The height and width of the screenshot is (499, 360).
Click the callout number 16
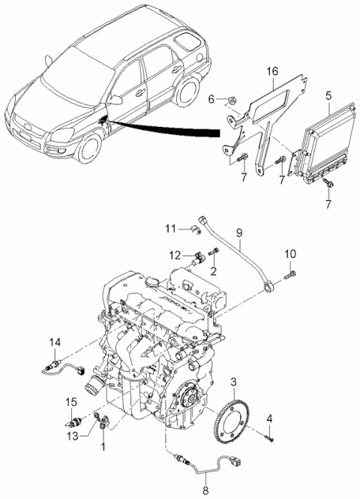[x=272, y=72]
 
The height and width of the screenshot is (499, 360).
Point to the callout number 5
[x=328, y=96]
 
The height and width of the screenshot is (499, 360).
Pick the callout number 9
[x=239, y=244]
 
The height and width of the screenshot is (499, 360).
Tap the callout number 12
[x=175, y=255]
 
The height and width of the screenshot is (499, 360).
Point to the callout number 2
[x=213, y=270]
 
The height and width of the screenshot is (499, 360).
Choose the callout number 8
[x=205, y=493]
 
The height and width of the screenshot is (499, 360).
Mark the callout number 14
[x=54, y=344]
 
